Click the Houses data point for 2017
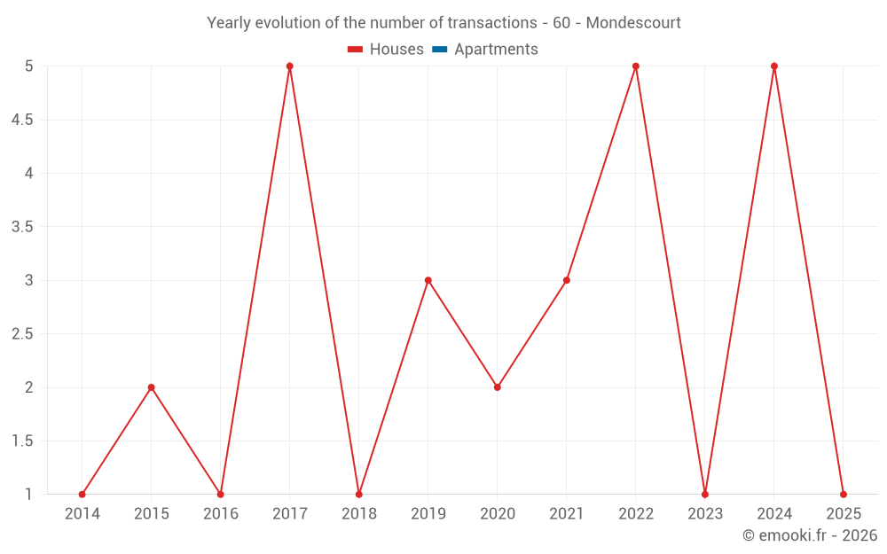click(290, 66)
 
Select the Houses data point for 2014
click(82, 495)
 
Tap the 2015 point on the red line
click(152, 387)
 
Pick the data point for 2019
click(428, 280)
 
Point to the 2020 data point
click(498, 387)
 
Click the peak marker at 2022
click(636, 66)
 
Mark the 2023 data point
click(705, 495)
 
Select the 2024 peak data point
click(774, 66)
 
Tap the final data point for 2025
click(844, 495)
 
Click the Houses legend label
click(396, 50)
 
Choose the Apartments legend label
click(496, 50)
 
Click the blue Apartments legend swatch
click(439, 50)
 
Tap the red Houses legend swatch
click(356, 50)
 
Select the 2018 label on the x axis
click(359, 514)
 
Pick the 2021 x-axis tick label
click(567, 514)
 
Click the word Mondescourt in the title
click(633, 23)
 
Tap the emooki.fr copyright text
click(810, 535)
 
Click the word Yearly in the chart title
click(229, 23)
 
